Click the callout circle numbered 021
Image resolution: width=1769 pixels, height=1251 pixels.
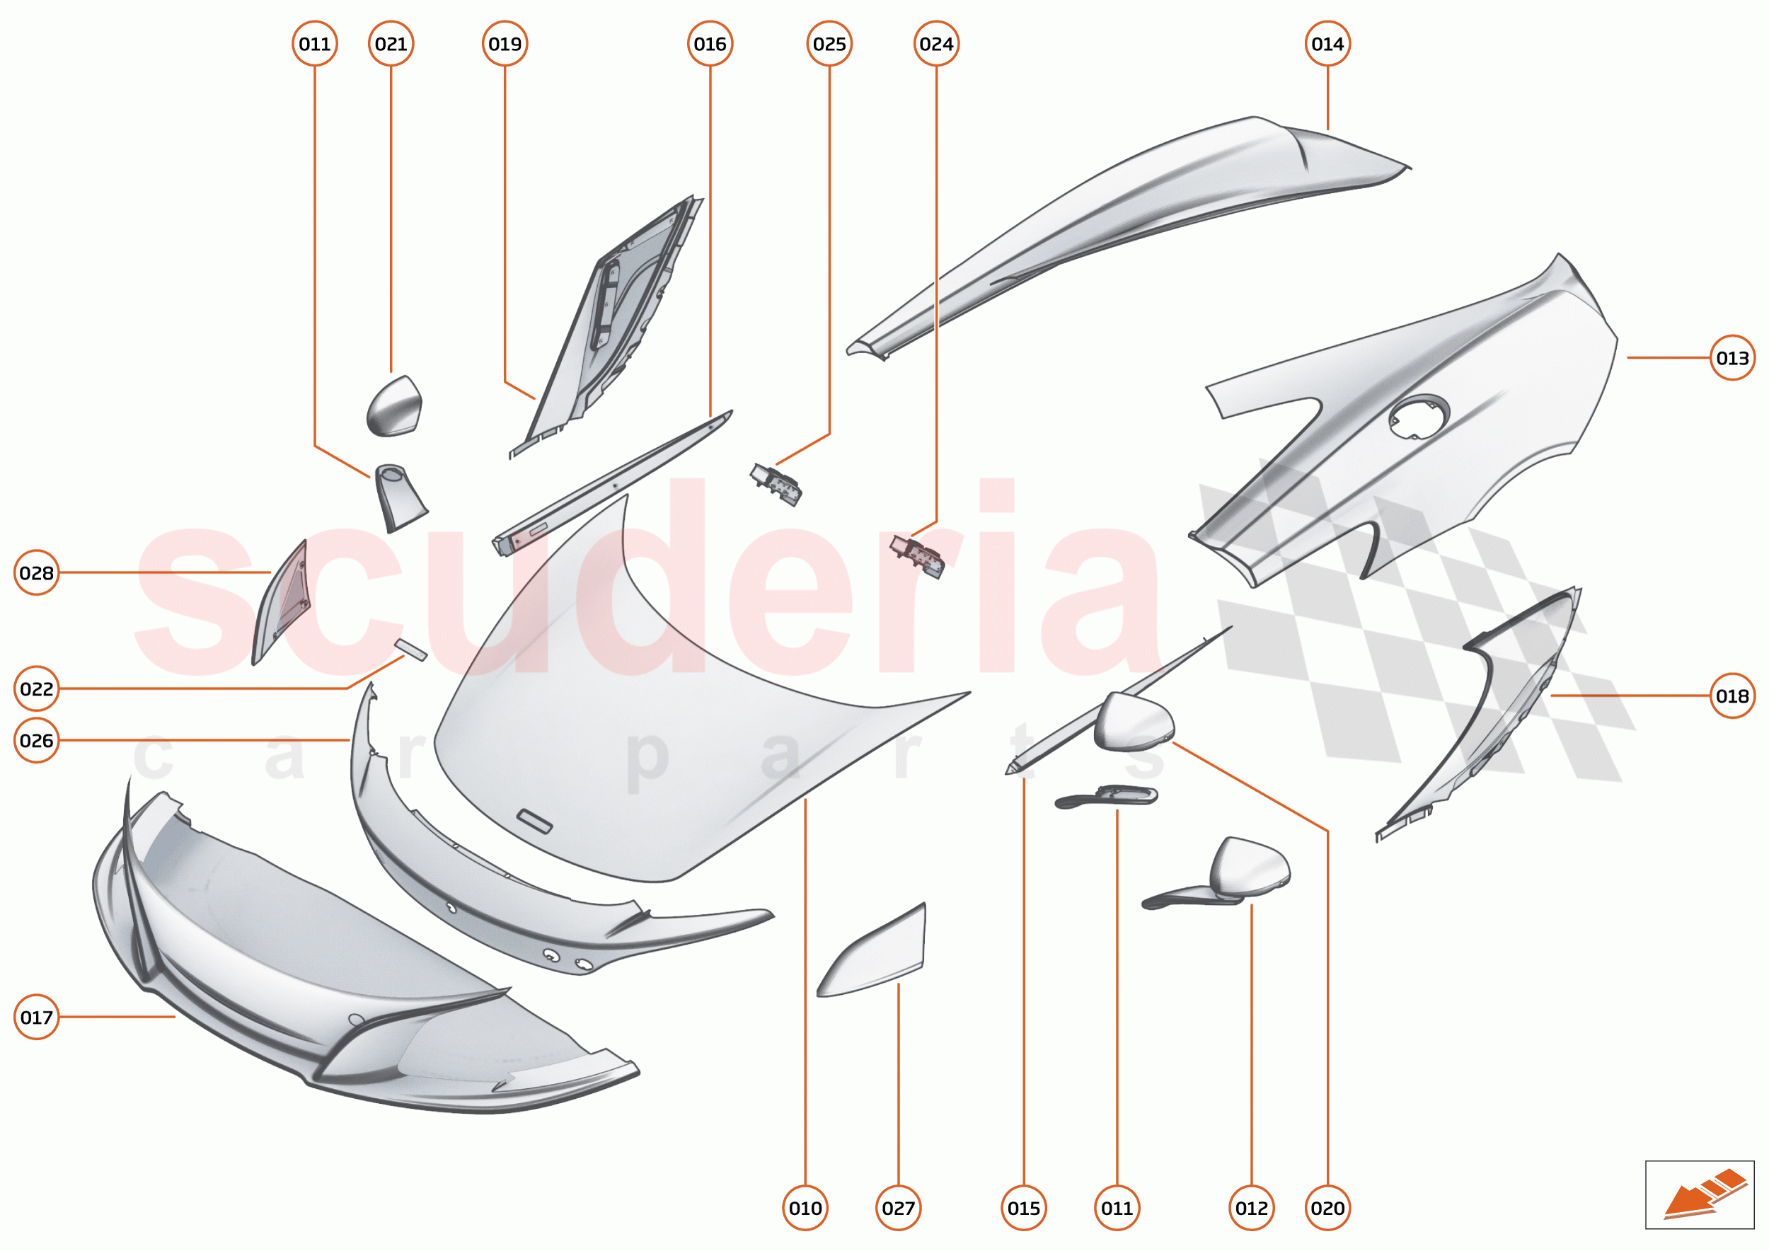click(391, 44)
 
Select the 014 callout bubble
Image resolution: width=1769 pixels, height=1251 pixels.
click(1327, 44)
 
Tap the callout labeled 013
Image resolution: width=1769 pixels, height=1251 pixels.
click(1733, 357)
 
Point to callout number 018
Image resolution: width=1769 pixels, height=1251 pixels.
click(1733, 696)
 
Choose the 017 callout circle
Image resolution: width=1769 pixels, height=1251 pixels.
click(36, 1017)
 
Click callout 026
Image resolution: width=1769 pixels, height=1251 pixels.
click(36, 740)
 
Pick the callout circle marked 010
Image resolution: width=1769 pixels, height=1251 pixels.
click(805, 1208)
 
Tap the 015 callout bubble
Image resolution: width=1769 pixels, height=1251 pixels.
click(1024, 1208)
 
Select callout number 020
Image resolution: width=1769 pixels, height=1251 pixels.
click(1327, 1208)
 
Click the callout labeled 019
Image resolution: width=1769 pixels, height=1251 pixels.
click(505, 44)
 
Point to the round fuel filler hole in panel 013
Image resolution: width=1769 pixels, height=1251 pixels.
click(1419, 417)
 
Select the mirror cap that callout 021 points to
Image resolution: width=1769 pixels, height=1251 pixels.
click(393, 407)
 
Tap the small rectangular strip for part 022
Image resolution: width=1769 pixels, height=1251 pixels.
click(410, 650)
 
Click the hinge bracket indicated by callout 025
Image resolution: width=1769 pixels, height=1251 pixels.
click(776, 484)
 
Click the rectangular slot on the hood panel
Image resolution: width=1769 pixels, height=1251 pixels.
click(534, 821)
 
